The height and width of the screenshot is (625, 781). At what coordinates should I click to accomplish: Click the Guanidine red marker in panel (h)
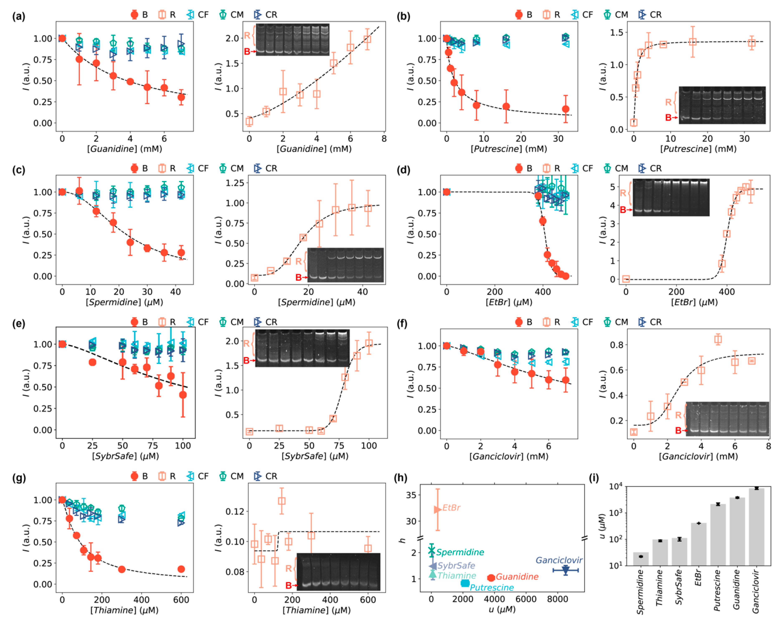coord(491,578)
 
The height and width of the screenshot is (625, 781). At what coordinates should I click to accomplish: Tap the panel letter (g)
coord(19,478)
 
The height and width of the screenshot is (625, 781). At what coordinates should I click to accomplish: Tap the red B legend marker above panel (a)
coord(134,15)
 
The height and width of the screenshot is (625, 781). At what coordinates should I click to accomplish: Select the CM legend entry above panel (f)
coord(616,322)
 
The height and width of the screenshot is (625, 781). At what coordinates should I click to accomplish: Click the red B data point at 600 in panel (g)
coord(181,569)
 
